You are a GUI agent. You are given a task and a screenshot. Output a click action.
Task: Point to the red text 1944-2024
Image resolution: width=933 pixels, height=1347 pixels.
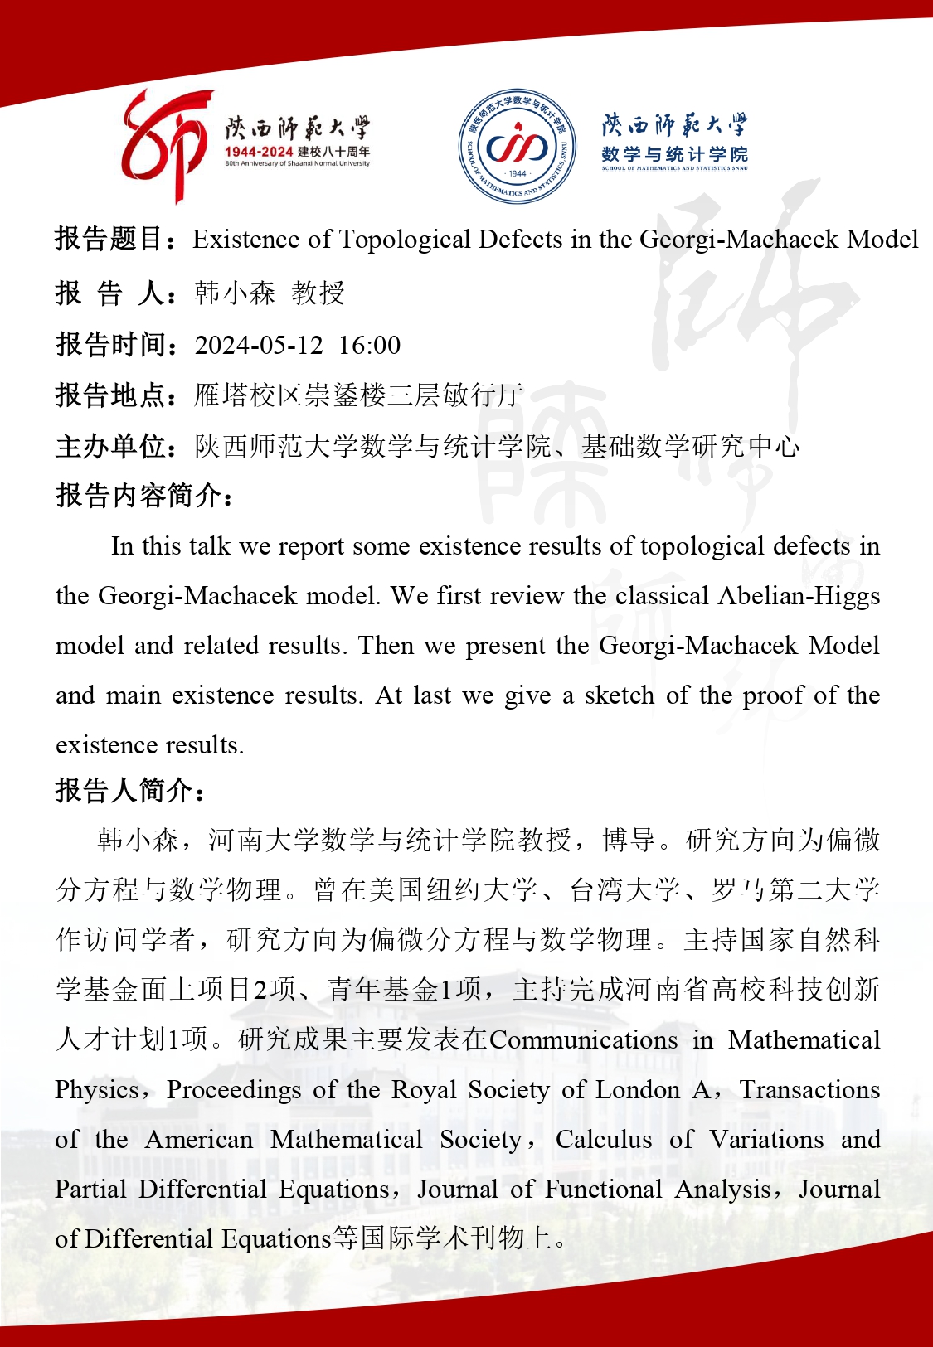tap(258, 152)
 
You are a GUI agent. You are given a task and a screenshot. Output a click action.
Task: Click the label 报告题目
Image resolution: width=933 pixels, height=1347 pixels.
tap(109, 240)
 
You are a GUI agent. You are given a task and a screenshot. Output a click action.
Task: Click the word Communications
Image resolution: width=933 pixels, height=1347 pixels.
tap(583, 1040)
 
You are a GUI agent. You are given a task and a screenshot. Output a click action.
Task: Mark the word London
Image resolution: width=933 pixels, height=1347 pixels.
tap(638, 1090)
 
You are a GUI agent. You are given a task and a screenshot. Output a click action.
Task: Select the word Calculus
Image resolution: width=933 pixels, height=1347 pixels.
tap(604, 1140)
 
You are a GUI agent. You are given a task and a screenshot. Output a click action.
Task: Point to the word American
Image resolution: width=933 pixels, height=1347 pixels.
tap(199, 1140)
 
